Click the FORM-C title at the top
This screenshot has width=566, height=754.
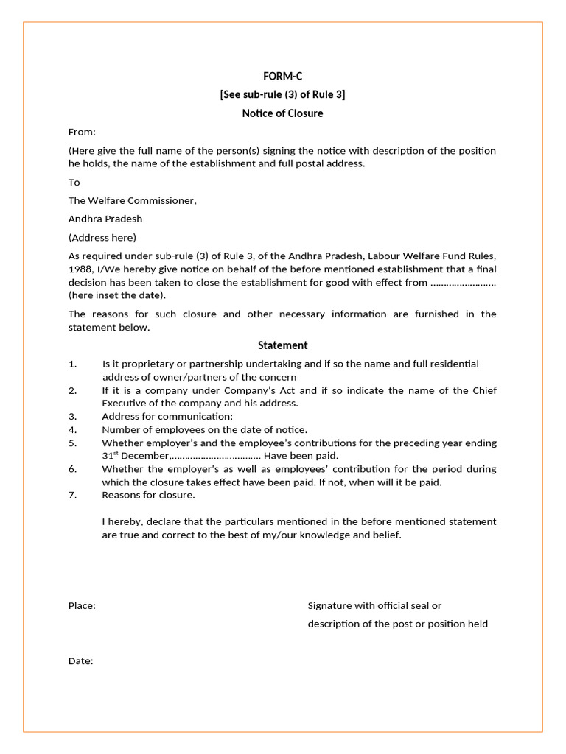[x=282, y=76]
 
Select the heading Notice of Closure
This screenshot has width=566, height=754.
[x=282, y=113]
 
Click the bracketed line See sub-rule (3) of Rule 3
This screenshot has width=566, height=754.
[x=282, y=94]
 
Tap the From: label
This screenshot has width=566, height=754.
[x=82, y=132]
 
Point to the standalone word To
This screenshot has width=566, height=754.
[x=74, y=182]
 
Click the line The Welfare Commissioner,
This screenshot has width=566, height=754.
[x=133, y=200]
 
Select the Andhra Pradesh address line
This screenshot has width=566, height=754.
[x=105, y=219]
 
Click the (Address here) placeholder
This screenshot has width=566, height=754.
[x=102, y=237]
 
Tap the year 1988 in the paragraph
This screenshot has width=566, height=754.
[x=80, y=269]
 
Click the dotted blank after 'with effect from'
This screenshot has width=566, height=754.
[x=463, y=283]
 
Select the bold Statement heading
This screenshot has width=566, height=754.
[x=282, y=345]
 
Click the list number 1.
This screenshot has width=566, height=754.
[x=72, y=364]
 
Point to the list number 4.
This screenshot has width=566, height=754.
[x=72, y=429]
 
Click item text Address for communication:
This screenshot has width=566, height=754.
[x=167, y=416]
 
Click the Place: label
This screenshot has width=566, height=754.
[x=82, y=605]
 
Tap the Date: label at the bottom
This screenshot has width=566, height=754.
[x=80, y=661]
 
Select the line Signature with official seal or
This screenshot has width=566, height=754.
[x=374, y=605]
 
